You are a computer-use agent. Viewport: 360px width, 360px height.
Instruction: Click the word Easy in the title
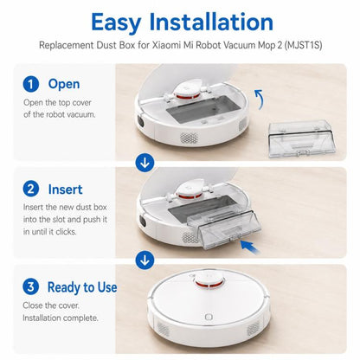116,22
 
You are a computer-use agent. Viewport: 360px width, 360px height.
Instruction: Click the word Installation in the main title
211,22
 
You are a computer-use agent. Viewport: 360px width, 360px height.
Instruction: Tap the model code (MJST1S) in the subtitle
303,45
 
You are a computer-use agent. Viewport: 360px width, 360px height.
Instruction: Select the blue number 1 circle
31,84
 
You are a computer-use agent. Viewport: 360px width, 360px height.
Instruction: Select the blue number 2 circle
31,189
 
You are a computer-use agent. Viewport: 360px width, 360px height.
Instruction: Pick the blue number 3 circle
30,287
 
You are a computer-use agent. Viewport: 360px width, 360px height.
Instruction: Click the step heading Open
64,85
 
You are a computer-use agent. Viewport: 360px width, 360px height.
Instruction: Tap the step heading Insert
65,190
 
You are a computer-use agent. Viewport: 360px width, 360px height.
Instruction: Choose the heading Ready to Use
82,287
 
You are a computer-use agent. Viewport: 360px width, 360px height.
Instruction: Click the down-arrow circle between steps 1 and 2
145,163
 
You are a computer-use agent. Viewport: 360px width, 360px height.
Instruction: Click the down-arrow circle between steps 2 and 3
145,260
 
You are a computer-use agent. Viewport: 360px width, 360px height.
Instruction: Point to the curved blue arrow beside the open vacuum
260,99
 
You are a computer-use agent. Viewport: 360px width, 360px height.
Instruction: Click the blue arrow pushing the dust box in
250,247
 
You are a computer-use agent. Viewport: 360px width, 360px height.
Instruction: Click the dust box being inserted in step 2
224,229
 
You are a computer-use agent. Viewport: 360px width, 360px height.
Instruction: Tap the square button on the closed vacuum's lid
209,317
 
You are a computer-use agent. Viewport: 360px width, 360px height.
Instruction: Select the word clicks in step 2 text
66,232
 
